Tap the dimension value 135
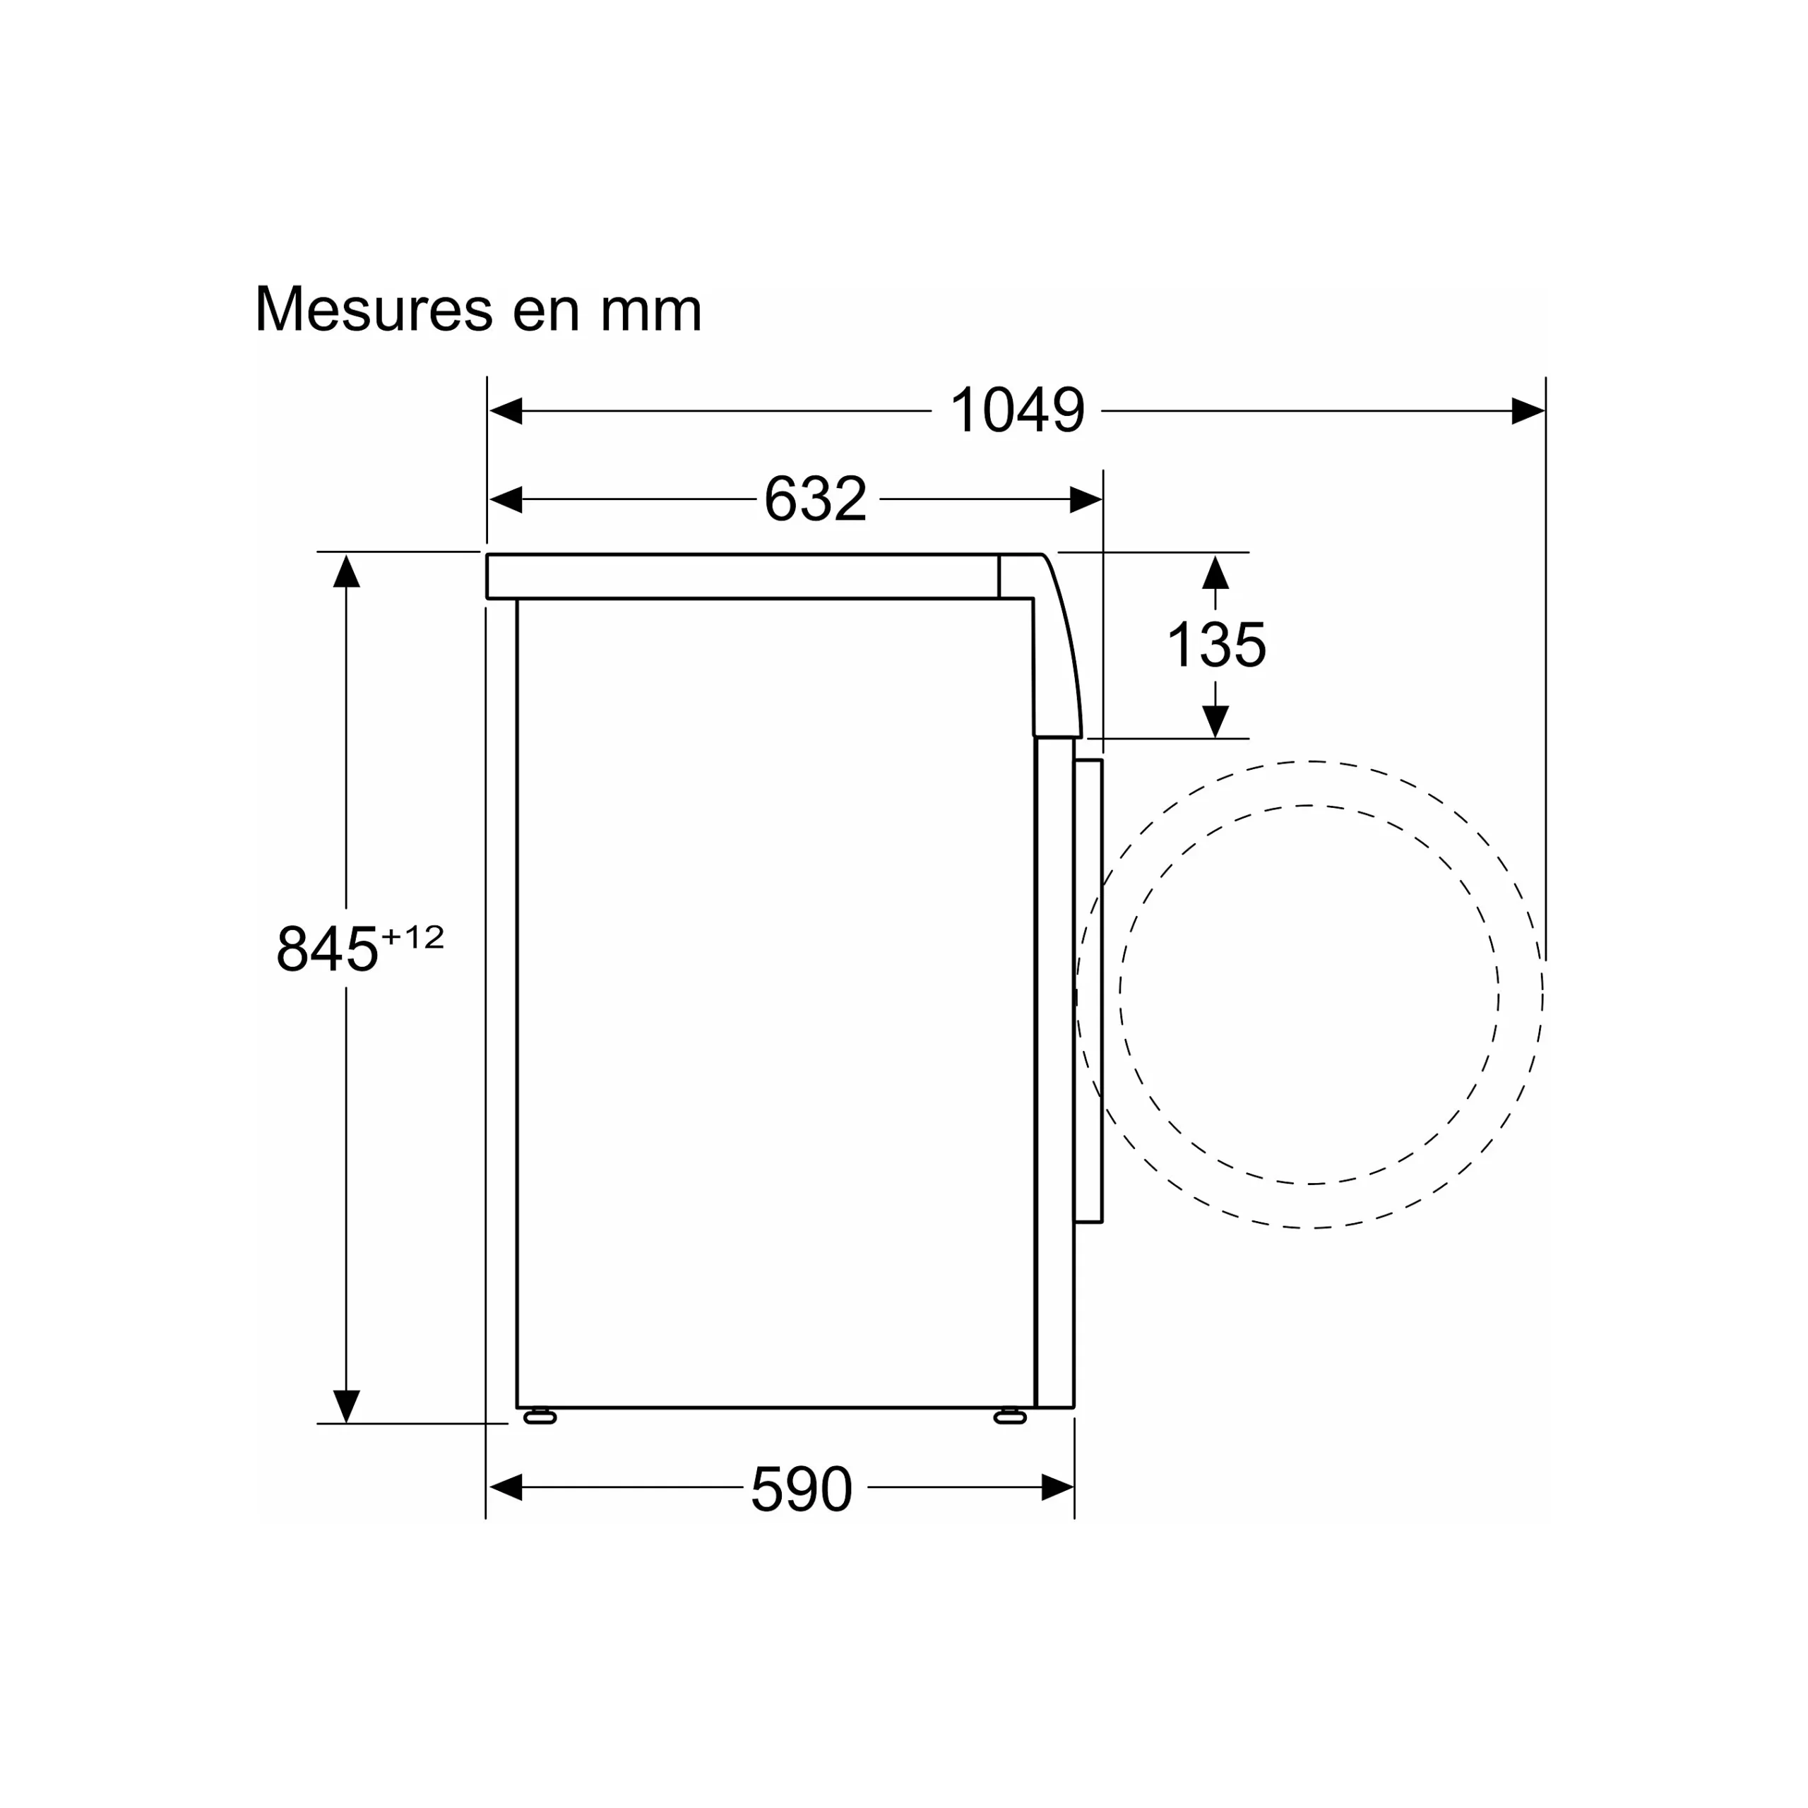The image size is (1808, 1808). coord(1215,645)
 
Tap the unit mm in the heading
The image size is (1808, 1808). coord(650,311)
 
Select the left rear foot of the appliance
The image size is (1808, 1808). coord(540,1417)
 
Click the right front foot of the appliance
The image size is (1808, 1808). coord(1010,1417)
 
